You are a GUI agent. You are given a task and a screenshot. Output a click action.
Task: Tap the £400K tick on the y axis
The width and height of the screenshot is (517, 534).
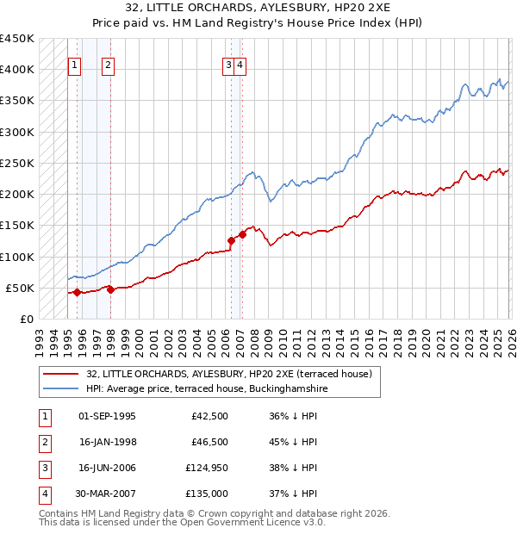[16, 70]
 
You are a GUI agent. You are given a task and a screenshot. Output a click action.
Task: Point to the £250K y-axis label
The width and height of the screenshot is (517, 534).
[16, 163]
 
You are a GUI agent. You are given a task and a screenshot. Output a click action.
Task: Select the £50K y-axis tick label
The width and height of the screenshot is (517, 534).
[20, 288]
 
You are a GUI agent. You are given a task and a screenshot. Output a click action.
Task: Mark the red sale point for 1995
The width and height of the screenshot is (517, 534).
[77, 292]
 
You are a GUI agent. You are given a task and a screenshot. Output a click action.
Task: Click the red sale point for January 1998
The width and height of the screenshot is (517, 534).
[110, 289]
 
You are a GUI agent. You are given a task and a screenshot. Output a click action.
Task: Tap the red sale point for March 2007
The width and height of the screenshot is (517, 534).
[242, 234]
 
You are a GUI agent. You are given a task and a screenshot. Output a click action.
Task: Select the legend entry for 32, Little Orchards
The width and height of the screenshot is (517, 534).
[228, 374]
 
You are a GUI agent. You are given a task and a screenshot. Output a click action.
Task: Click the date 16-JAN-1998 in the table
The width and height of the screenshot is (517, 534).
[107, 442]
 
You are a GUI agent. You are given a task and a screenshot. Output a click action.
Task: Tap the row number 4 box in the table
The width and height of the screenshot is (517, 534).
[42, 494]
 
